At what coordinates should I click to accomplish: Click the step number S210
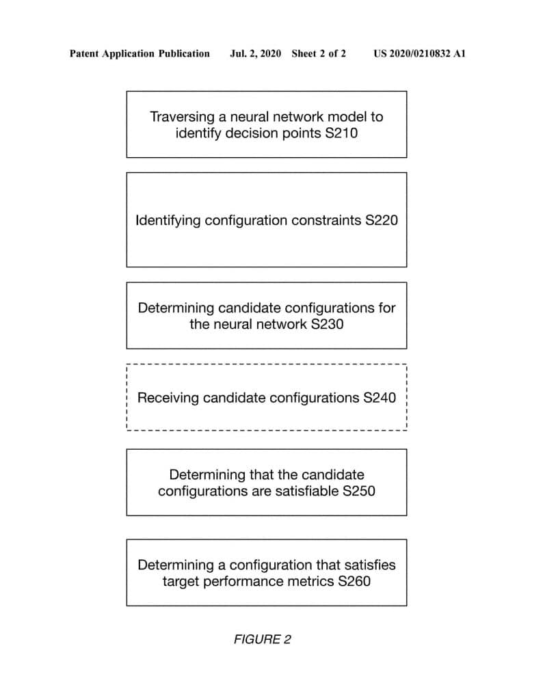[341, 133]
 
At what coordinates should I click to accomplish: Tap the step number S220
[382, 220]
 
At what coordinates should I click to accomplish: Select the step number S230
[328, 324]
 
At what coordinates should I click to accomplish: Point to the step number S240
[380, 398]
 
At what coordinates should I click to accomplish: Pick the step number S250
[359, 491]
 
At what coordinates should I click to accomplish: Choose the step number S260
[354, 581]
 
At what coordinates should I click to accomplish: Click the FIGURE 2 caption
[263, 639]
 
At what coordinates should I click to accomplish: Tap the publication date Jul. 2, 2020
[255, 53]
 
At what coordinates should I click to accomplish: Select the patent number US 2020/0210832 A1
[420, 53]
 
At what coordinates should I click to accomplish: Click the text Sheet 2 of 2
[319, 53]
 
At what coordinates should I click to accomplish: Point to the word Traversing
[182, 117]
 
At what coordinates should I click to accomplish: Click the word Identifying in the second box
[168, 221]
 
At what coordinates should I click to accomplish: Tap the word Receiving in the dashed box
[168, 398]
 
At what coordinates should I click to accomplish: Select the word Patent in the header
[84, 53]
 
